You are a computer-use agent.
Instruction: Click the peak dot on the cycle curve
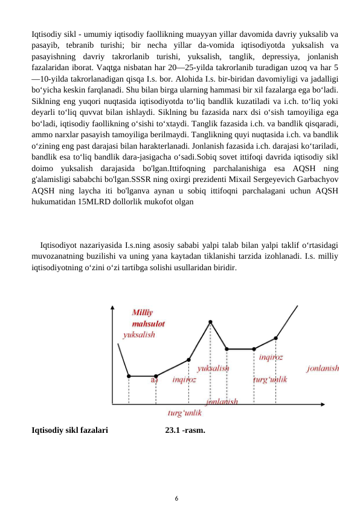210,322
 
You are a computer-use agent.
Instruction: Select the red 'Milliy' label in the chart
143,313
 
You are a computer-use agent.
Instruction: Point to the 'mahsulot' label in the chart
149,323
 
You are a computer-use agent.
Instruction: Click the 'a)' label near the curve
155,380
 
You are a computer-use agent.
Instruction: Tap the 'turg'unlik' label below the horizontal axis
184,413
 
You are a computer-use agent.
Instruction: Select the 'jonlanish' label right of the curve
323,368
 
